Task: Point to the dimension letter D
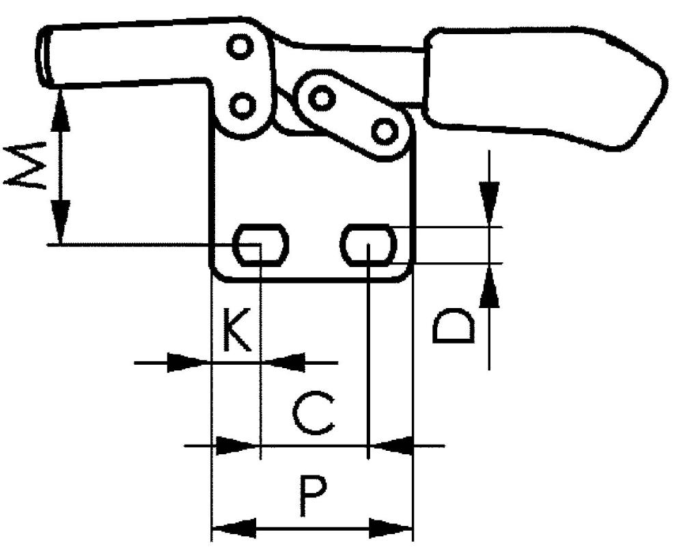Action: tap(454, 326)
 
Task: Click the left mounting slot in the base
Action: tap(260, 245)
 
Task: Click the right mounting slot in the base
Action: tap(368, 245)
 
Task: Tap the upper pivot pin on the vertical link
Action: tap(240, 46)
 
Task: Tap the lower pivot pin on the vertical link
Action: tap(242, 105)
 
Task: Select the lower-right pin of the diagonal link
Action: tap(384, 130)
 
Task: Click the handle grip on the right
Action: tap(544, 88)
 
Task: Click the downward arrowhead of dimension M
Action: tap(60, 221)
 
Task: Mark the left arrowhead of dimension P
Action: tap(234, 528)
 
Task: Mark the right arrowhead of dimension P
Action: tap(391, 528)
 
